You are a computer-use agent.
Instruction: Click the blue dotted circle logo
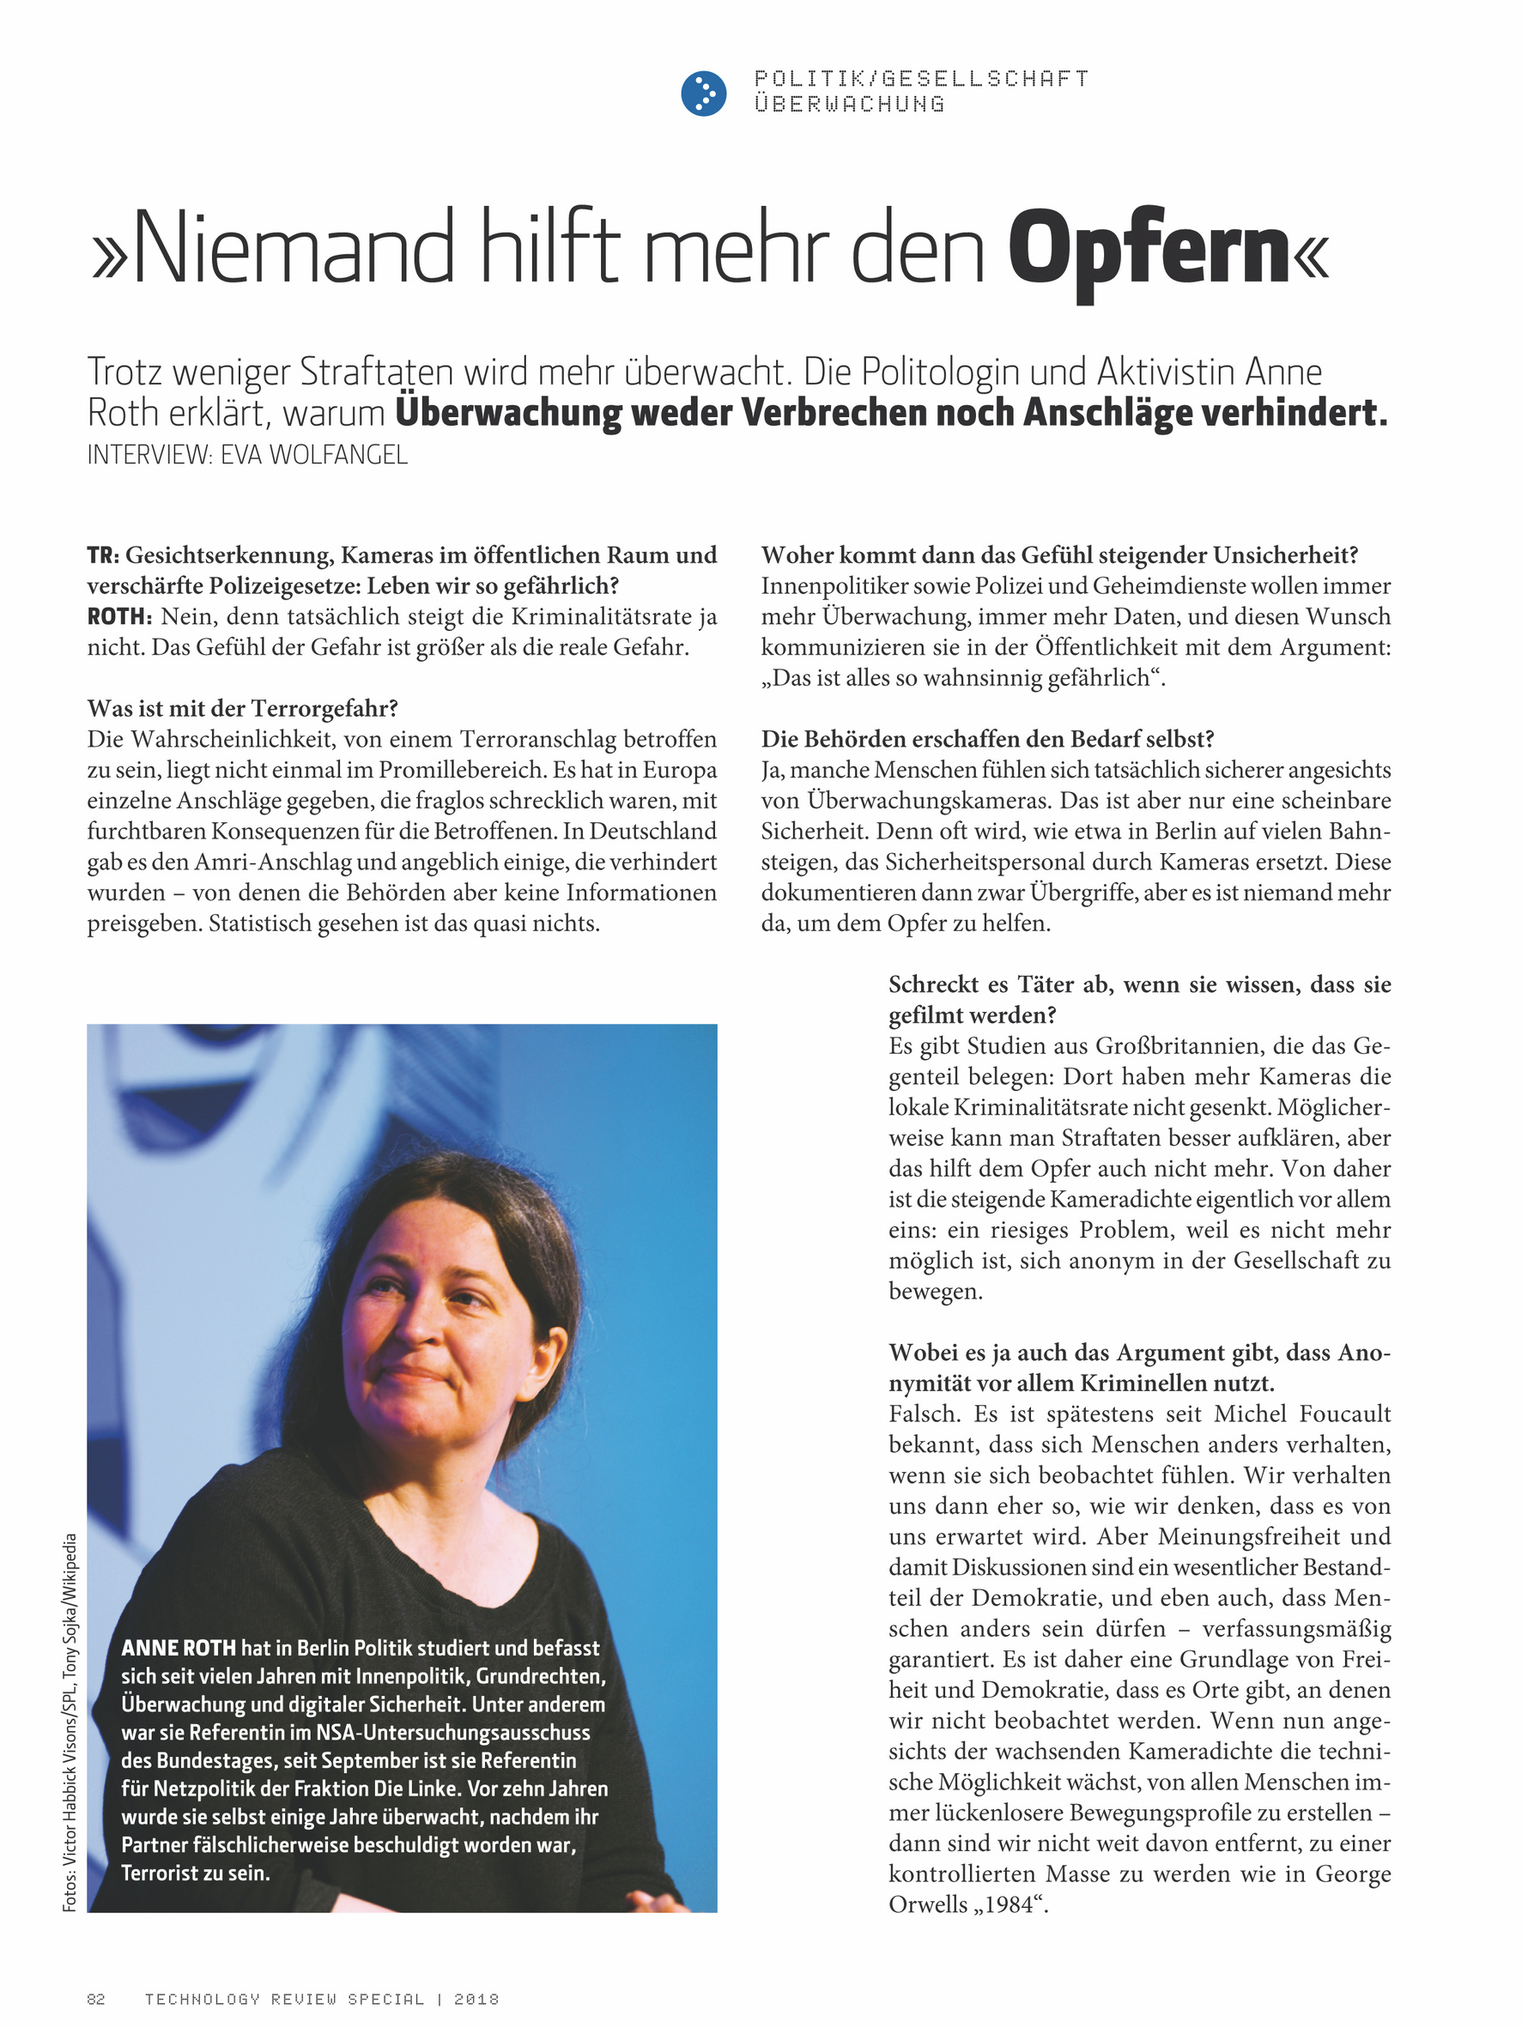pyautogui.click(x=703, y=94)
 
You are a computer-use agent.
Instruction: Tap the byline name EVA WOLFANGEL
pyautogui.click(x=313, y=456)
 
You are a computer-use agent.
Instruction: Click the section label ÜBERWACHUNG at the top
pyautogui.click(x=849, y=105)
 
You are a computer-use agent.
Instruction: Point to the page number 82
pyautogui.click(x=95, y=1999)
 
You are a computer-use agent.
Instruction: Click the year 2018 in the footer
pyautogui.click(x=476, y=1999)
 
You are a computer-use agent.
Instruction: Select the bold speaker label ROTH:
pyautogui.click(x=119, y=617)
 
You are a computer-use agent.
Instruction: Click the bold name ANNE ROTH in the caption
pyautogui.click(x=178, y=1648)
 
